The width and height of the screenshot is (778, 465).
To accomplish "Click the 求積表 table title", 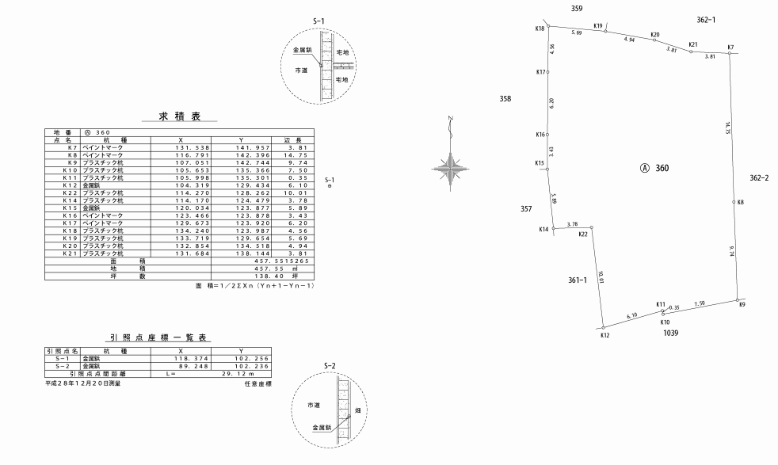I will [178, 116].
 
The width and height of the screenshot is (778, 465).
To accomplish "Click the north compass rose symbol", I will [450, 164].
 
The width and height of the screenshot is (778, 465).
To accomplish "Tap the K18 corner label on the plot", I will [540, 28].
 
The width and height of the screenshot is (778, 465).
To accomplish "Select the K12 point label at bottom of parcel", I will [604, 335].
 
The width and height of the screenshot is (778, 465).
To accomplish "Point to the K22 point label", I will [583, 234].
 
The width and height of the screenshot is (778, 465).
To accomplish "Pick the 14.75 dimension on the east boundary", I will [727, 128].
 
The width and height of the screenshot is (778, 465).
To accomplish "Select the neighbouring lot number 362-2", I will [759, 177].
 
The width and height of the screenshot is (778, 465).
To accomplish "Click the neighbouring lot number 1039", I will [670, 334].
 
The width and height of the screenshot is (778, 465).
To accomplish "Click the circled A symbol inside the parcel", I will [645, 169].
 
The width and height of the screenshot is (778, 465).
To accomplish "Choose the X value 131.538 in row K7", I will [180, 147].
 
